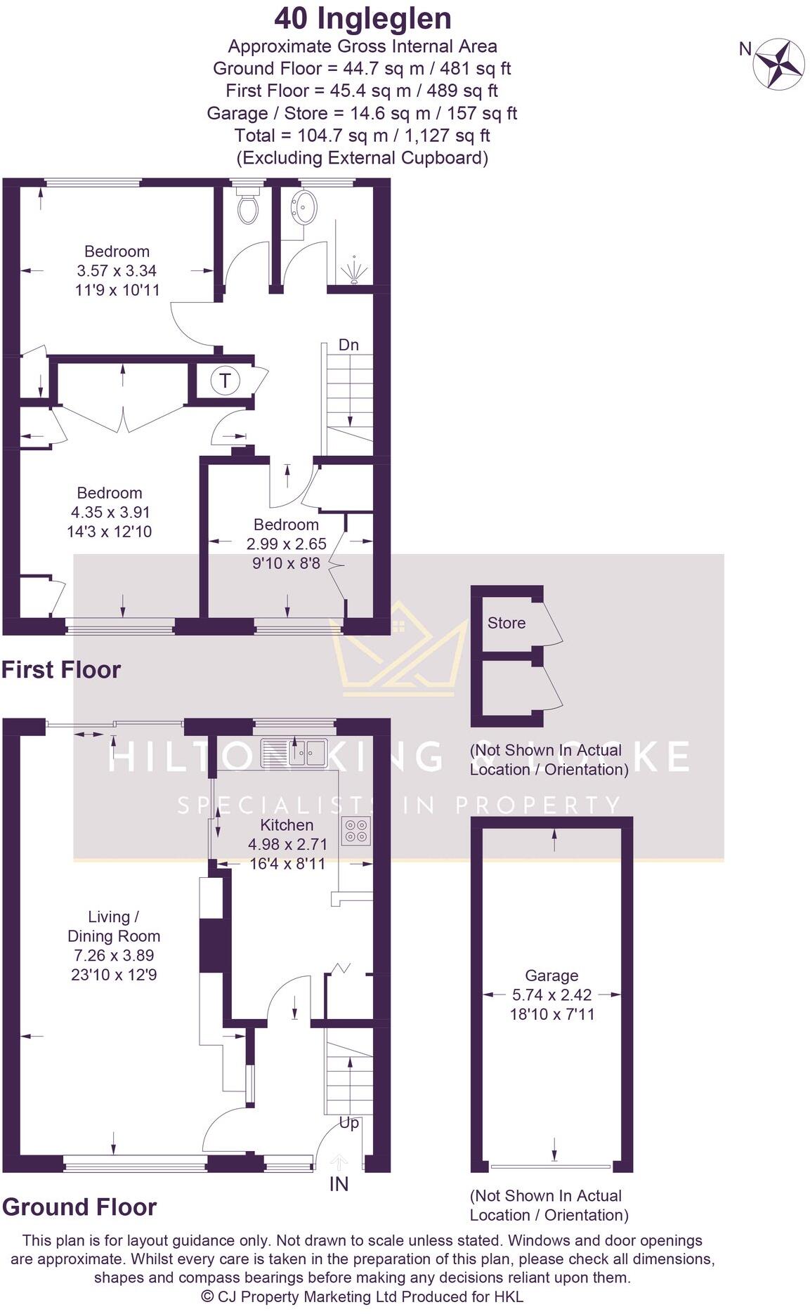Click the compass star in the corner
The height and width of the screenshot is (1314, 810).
click(778, 64)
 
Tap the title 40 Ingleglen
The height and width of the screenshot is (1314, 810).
click(362, 19)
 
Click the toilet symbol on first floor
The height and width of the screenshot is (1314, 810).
click(247, 206)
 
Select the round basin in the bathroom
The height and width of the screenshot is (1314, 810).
click(305, 207)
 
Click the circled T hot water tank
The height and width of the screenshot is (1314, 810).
click(225, 381)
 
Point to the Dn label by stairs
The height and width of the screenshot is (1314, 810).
click(348, 345)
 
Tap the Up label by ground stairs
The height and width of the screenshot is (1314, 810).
click(349, 1122)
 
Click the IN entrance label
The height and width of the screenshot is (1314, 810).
click(339, 1184)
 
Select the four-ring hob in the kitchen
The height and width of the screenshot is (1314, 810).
click(355, 831)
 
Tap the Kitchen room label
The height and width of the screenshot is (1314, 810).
click(287, 824)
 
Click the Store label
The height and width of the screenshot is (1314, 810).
click(506, 623)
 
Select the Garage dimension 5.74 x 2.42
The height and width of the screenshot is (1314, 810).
click(551, 994)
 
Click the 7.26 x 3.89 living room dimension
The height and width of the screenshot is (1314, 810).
click(114, 955)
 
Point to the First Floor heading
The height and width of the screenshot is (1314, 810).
click(61, 669)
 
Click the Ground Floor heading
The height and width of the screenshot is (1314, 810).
click(79, 1207)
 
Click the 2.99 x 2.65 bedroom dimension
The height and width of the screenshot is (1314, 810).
click(286, 544)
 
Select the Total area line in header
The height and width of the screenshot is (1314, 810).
click(362, 135)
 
